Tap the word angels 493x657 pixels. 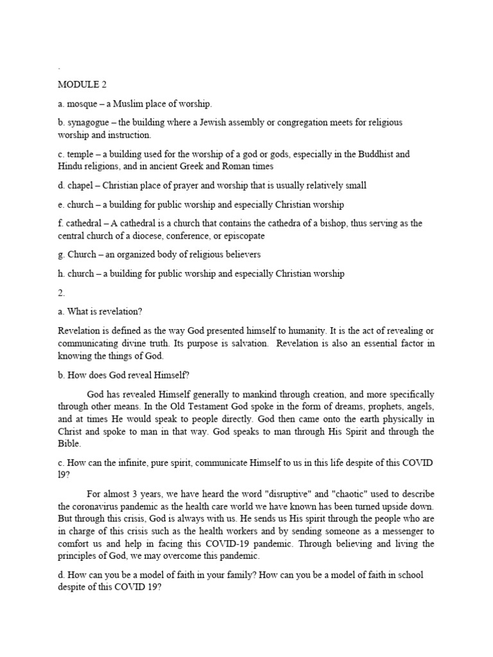click(x=419, y=406)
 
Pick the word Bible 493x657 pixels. click(x=71, y=443)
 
